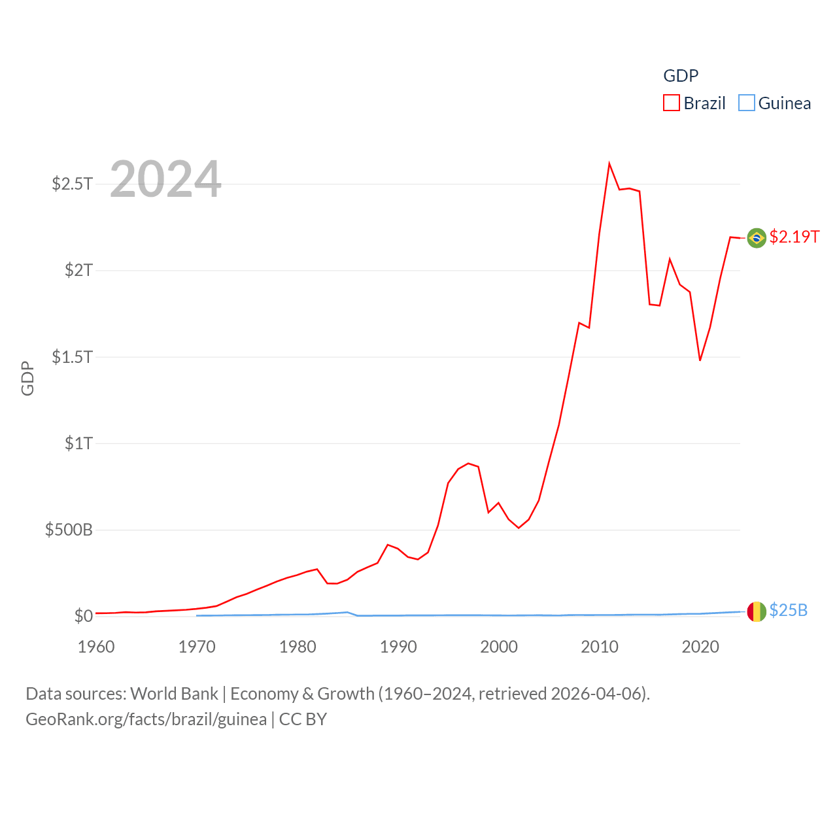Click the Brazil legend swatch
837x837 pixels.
tap(672, 103)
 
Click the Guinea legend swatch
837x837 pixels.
tap(746, 103)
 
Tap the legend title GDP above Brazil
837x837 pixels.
tap(681, 76)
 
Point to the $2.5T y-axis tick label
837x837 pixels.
tap(72, 184)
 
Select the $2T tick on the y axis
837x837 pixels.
tap(78, 270)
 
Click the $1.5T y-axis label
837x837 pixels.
tap(72, 357)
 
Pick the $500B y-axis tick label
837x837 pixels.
tap(69, 530)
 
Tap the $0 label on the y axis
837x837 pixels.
tap(84, 616)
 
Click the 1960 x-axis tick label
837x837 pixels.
tap(96, 647)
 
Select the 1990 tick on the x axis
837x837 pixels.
tap(398, 647)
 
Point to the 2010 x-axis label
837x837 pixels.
tap(600, 647)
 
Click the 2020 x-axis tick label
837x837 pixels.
tap(700, 647)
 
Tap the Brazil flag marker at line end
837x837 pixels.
tap(757, 238)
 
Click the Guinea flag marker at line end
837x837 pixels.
tap(757, 611)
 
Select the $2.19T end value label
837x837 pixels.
tap(794, 237)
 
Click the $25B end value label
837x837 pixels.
tap(789, 610)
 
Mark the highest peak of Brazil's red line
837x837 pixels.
tap(609, 163)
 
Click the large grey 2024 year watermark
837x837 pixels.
tap(165, 179)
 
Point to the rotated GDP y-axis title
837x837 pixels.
tap(27, 378)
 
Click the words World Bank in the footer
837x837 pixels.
tap(174, 694)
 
